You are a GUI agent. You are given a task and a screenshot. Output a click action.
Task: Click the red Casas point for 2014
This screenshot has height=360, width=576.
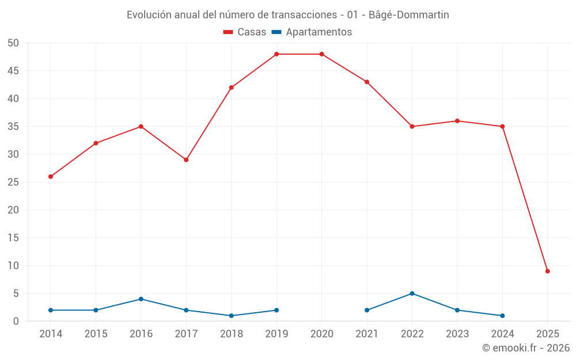click(51, 176)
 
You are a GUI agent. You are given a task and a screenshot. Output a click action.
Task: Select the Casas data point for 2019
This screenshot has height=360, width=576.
click(276, 54)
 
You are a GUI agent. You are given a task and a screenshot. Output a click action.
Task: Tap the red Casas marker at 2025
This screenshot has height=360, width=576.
click(548, 271)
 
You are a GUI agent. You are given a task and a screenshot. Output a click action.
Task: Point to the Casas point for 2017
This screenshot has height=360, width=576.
click(186, 160)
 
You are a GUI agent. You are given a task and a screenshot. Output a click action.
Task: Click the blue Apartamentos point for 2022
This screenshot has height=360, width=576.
click(412, 293)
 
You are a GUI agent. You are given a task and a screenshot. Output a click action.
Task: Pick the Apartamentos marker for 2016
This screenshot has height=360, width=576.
click(141, 299)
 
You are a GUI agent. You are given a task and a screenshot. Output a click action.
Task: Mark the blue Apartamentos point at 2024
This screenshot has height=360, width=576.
click(502, 316)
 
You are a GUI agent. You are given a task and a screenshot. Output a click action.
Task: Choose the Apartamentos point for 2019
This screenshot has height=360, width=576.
click(276, 310)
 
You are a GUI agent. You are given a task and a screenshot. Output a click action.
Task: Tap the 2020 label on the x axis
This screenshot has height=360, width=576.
click(321, 334)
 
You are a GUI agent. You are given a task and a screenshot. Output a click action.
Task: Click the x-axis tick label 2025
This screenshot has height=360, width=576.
click(548, 334)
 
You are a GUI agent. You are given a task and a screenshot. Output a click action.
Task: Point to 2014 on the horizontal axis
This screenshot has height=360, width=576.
click(51, 334)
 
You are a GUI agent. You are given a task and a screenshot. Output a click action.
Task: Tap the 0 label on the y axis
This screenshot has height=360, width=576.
click(17, 321)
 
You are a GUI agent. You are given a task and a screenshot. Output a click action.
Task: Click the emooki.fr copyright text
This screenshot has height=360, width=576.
click(526, 348)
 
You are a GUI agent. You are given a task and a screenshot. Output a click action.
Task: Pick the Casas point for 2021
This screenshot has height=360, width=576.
click(367, 82)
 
